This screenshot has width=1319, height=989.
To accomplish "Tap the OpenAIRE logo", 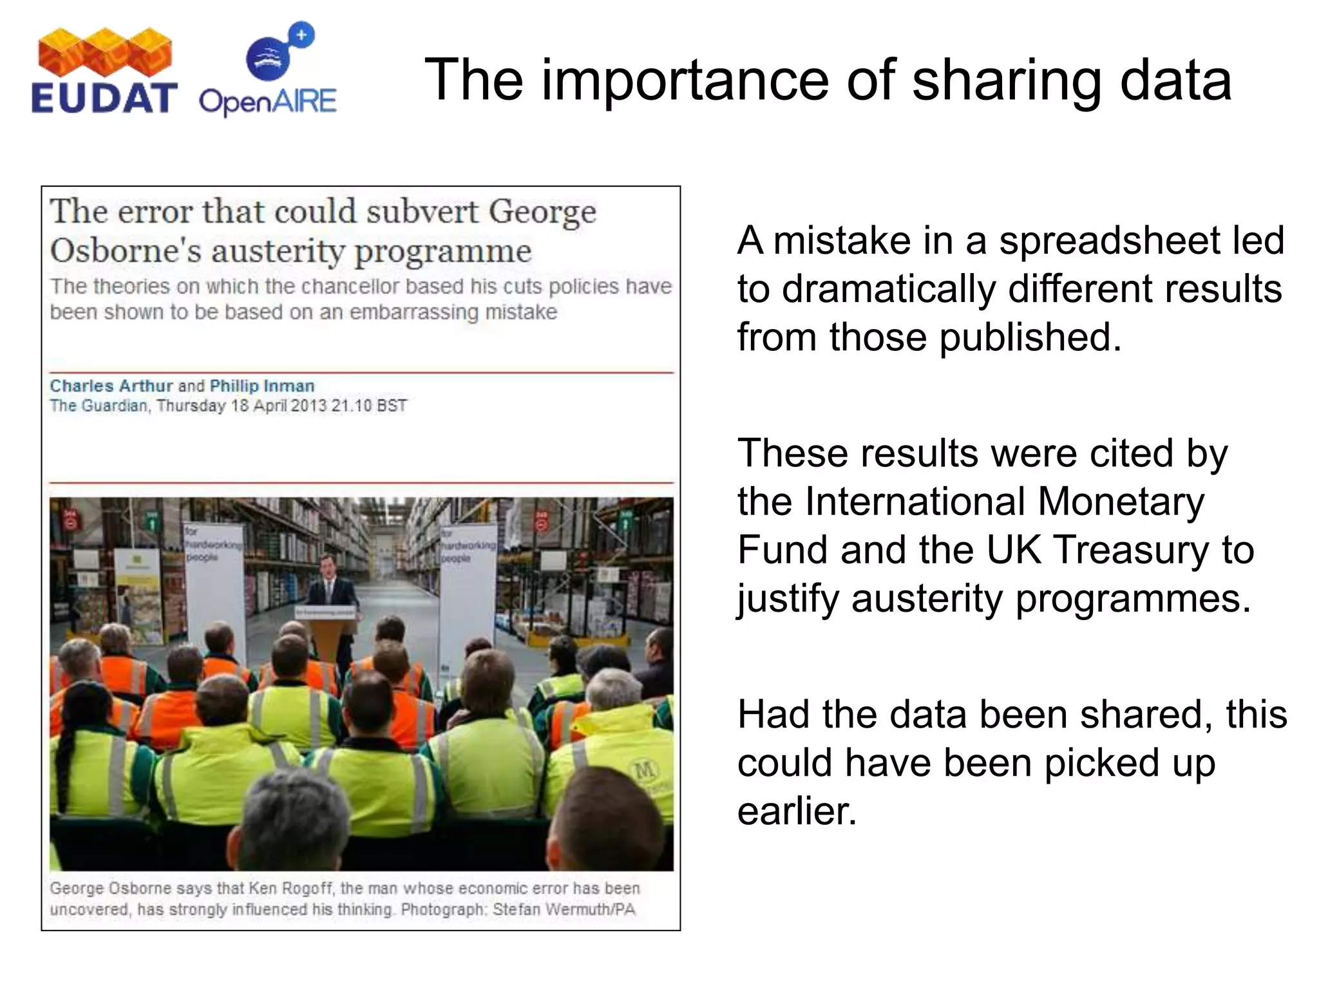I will point(268,71).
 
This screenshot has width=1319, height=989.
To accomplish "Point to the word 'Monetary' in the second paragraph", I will point(1121,502).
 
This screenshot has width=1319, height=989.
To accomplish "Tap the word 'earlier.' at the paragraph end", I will point(797,811).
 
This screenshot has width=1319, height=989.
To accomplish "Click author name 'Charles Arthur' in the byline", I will point(111,386).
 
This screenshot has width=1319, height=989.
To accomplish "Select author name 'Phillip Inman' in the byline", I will point(262,386).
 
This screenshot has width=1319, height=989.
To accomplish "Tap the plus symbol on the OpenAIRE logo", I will point(301,35).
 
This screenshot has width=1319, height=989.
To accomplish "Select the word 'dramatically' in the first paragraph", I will point(889,289).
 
